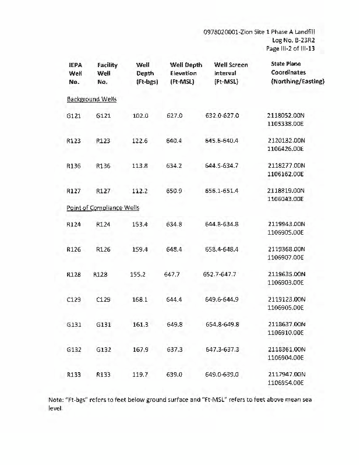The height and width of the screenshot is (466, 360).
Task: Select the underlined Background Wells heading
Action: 91,99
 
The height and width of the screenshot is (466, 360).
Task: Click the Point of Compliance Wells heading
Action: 103,207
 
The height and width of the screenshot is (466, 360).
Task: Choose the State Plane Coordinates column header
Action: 298,73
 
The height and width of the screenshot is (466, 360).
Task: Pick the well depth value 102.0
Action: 142,116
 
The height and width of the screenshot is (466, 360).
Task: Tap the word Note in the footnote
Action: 57,400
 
